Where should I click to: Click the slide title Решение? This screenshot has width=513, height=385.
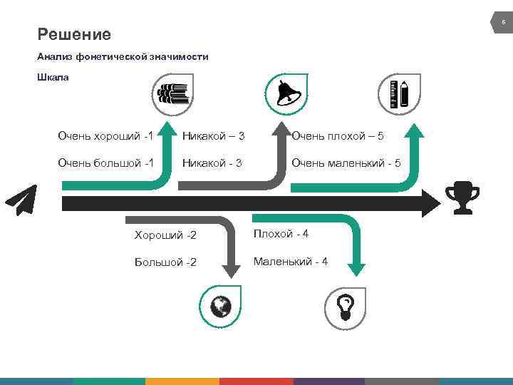pos(74,34)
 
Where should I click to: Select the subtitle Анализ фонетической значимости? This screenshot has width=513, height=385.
pos(123,56)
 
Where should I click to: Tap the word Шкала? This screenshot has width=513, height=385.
pos(53,77)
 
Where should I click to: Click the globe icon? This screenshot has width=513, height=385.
pos(222,306)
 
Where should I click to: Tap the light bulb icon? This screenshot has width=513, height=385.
pos(346,306)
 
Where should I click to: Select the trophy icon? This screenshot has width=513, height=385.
pos(462,200)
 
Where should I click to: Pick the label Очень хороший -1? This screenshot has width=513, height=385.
pos(106,135)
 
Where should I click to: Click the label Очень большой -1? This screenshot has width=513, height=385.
pos(106,163)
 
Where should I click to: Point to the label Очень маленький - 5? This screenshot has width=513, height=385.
pos(346,163)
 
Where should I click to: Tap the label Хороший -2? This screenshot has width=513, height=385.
pos(166,235)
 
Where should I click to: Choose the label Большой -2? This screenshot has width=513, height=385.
pos(166,262)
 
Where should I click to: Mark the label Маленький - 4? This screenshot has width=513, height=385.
pos(291,262)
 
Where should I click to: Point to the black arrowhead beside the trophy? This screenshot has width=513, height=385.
pos(432,203)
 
